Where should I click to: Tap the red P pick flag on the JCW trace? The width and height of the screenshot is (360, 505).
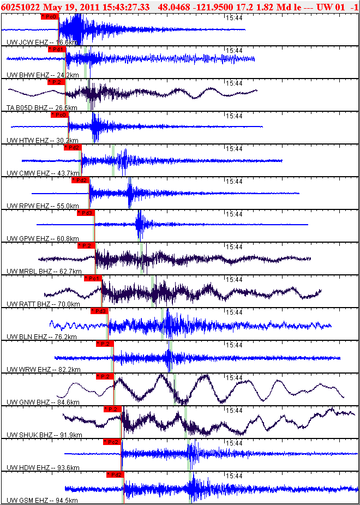tap(49, 17)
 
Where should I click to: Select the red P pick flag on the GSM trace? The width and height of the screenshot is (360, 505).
tap(115, 475)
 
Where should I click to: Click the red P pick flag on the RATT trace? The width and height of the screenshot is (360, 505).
tap(93, 279)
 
